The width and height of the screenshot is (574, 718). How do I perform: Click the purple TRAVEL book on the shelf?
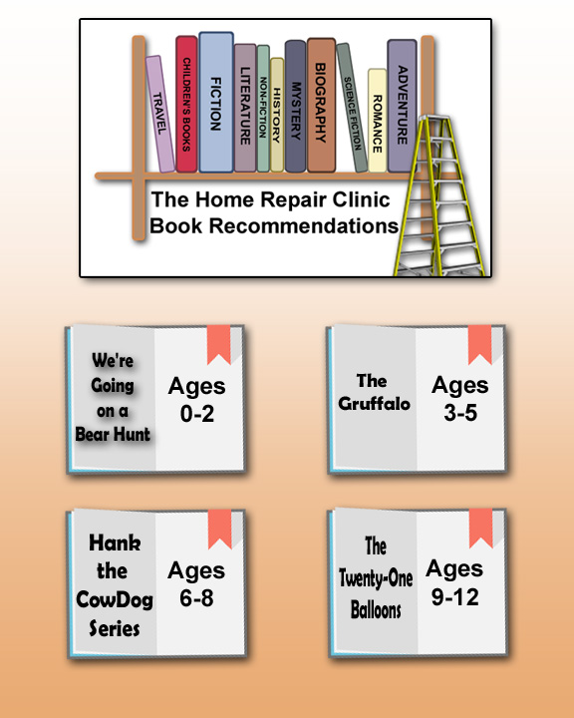(160, 114)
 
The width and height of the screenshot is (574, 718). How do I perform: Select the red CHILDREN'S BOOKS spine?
(186, 105)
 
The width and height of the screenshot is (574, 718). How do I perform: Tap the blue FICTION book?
(216, 103)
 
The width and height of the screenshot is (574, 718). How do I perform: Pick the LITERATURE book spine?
(245, 108)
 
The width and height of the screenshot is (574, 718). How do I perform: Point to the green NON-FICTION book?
(263, 109)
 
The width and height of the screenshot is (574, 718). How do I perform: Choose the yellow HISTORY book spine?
(277, 115)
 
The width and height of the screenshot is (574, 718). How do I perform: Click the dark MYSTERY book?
(295, 107)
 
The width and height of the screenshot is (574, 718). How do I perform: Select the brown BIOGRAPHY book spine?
(321, 106)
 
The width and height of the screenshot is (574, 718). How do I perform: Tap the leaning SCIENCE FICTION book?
(352, 108)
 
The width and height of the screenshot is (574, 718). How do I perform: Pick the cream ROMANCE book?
(377, 121)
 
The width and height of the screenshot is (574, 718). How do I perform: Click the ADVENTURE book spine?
(402, 106)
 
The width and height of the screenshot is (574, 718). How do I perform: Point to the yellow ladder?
(438, 196)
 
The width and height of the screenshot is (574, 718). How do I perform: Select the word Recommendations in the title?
(304, 225)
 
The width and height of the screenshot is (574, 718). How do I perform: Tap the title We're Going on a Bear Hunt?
(113, 397)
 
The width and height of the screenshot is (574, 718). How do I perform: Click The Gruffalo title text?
(374, 392)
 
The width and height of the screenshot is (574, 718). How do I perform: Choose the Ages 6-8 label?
(196, 584)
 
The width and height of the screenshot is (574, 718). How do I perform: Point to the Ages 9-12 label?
(454, 583)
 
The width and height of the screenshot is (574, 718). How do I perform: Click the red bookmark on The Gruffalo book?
(479, 345)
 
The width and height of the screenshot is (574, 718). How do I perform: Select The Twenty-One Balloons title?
(376, 577)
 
